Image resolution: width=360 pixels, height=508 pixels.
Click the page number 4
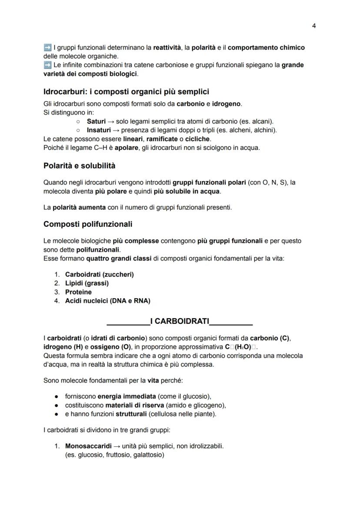314,26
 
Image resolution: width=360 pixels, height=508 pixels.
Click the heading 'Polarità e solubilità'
79,166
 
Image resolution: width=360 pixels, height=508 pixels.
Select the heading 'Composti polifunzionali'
88,224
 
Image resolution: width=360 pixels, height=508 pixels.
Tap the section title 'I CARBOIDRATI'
179,322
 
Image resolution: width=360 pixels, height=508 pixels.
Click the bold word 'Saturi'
96,121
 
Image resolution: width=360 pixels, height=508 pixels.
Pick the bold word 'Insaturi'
99,130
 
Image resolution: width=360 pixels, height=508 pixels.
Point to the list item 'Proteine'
78,292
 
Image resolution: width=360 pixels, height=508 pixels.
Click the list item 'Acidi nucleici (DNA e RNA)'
107,301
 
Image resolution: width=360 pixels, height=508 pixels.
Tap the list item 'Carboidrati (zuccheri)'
99,275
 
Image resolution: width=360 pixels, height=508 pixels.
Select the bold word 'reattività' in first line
167,47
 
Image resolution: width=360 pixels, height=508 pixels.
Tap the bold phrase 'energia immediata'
127,396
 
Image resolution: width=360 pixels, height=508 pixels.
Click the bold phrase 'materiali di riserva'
133,405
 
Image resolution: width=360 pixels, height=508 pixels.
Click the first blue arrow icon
47,47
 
